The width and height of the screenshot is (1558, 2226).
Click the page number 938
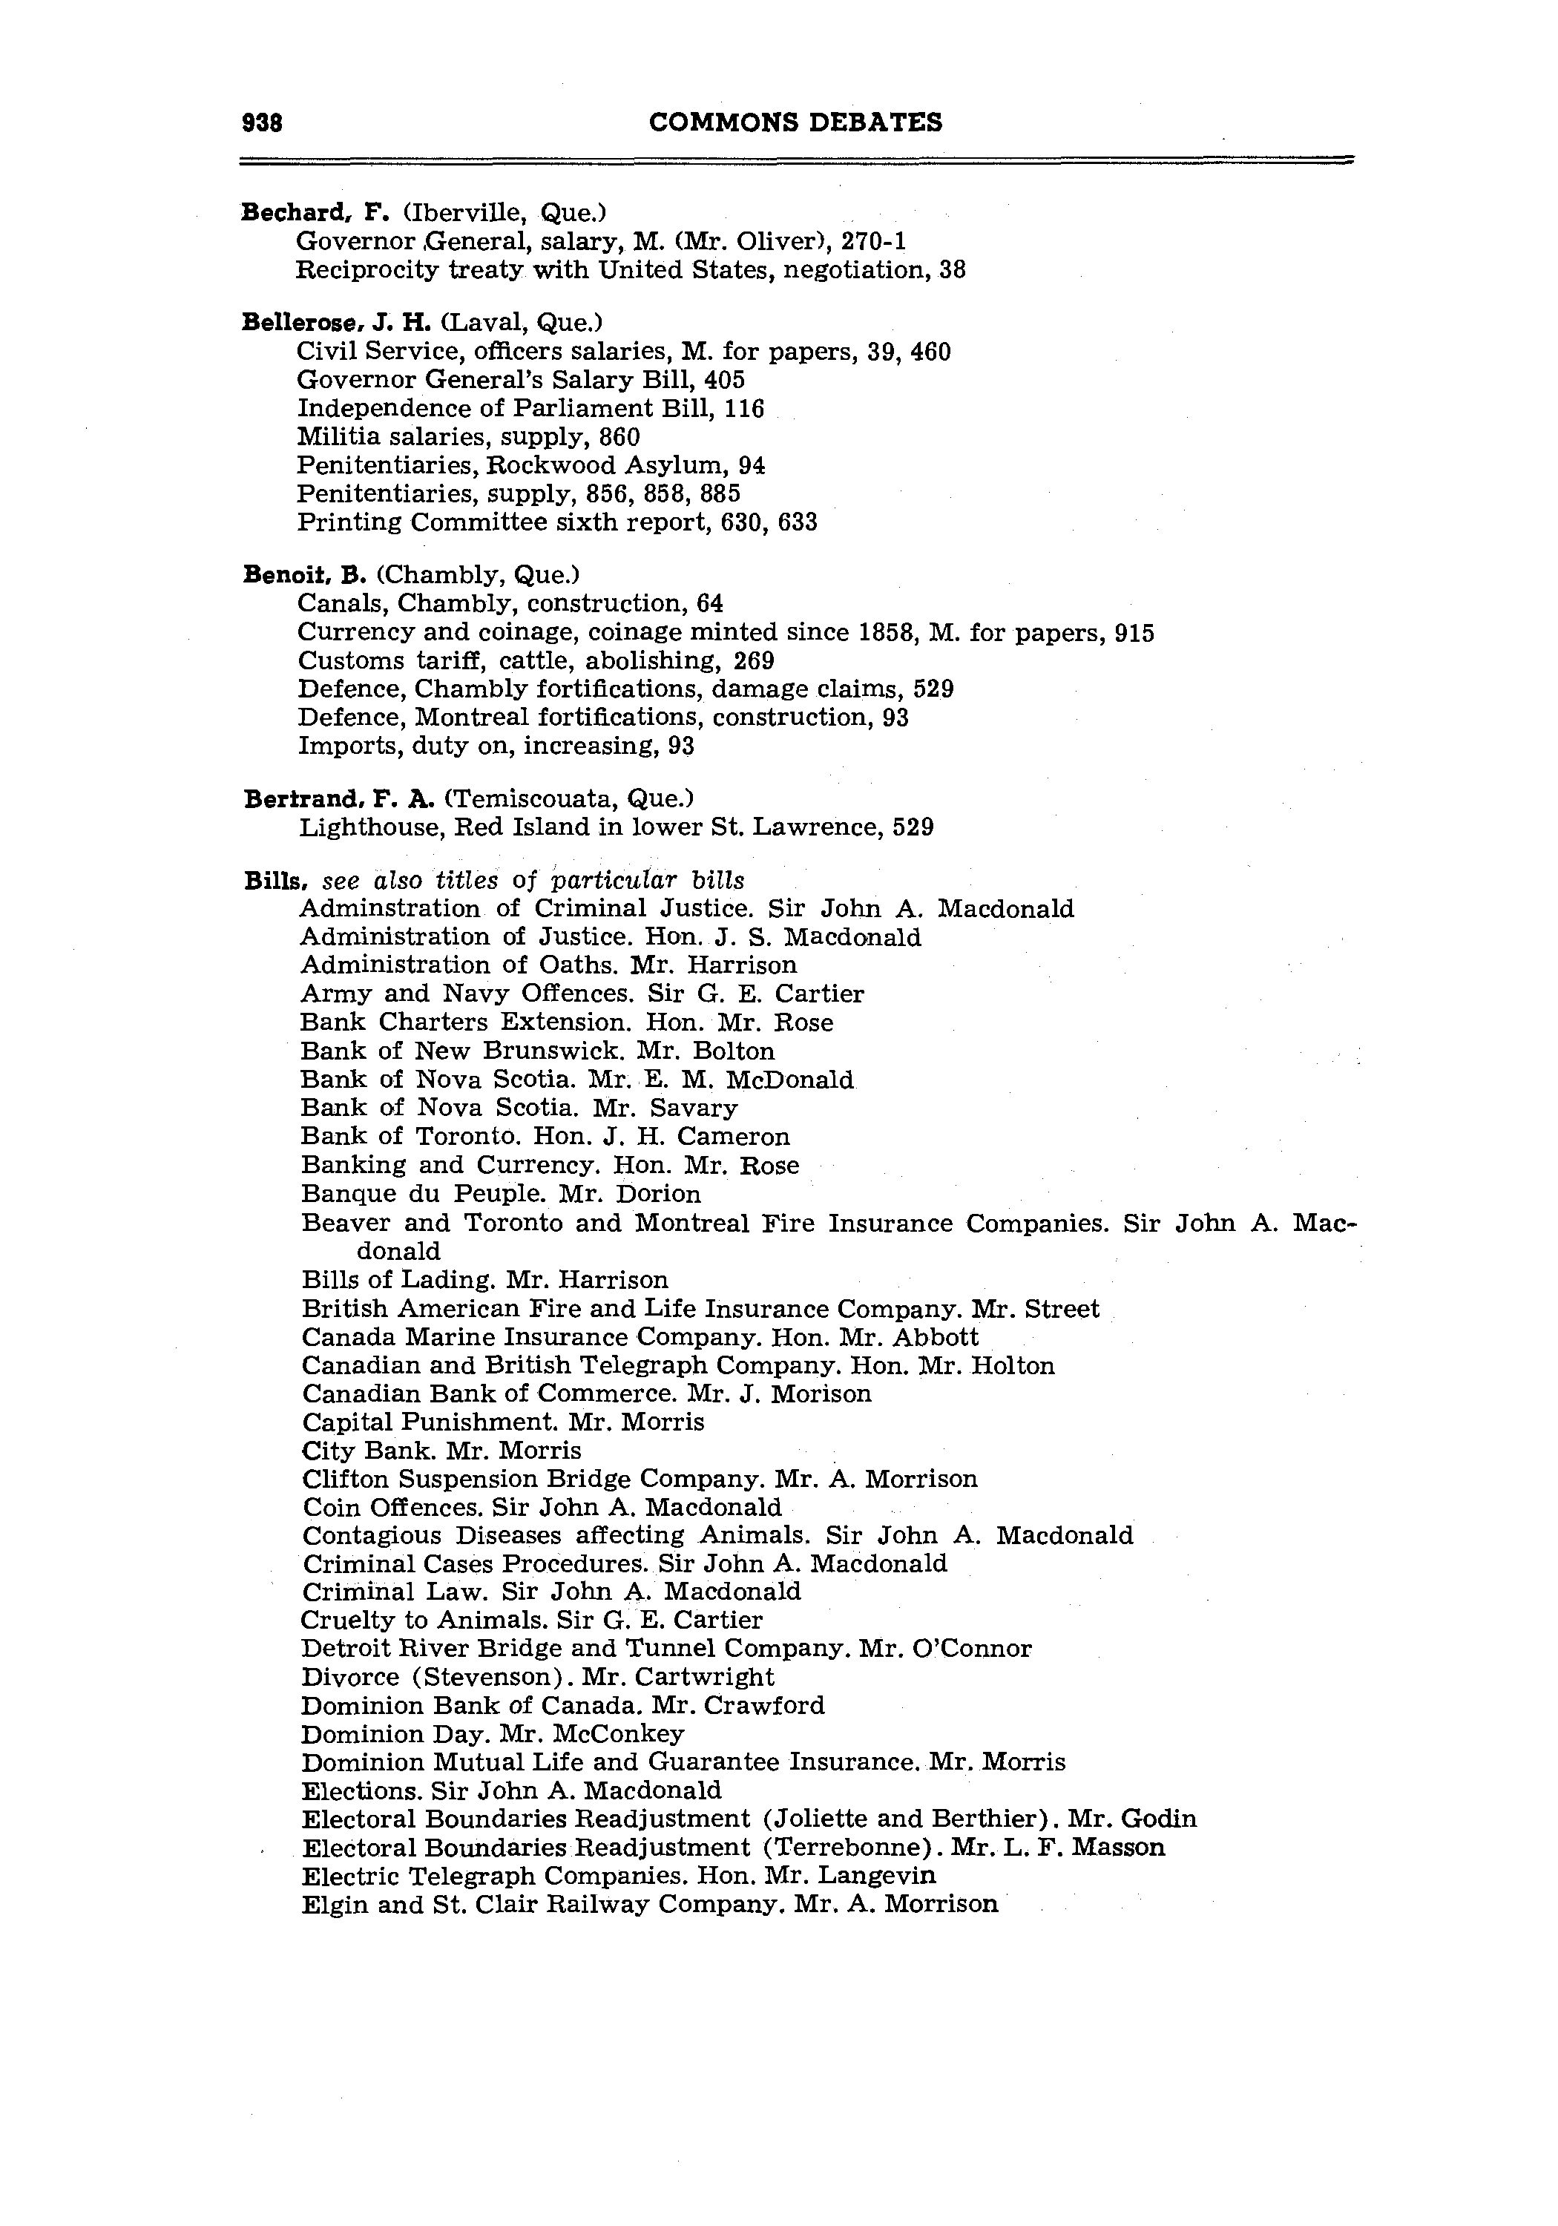[261, 123]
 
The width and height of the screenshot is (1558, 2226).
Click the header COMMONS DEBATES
[795, 122]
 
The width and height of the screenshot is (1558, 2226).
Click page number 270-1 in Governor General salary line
[873, 240]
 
